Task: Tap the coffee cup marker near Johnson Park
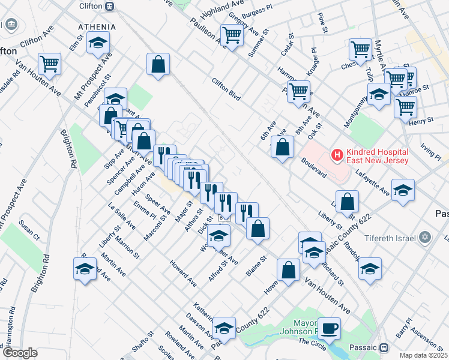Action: [x=329, y=328]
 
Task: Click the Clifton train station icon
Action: [x=109, y=6]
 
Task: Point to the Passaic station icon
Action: [x=384, y=347]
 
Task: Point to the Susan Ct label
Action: [x=29, y=230]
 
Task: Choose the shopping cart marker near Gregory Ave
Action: [x=232, y=34]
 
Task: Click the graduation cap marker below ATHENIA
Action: [x=98, y=43]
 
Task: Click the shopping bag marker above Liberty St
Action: [x=347, y=201]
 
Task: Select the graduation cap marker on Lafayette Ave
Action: [x=403, y=190]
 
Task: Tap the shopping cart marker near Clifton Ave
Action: [x=50, y=63]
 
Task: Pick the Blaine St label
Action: [x=256, y=268]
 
